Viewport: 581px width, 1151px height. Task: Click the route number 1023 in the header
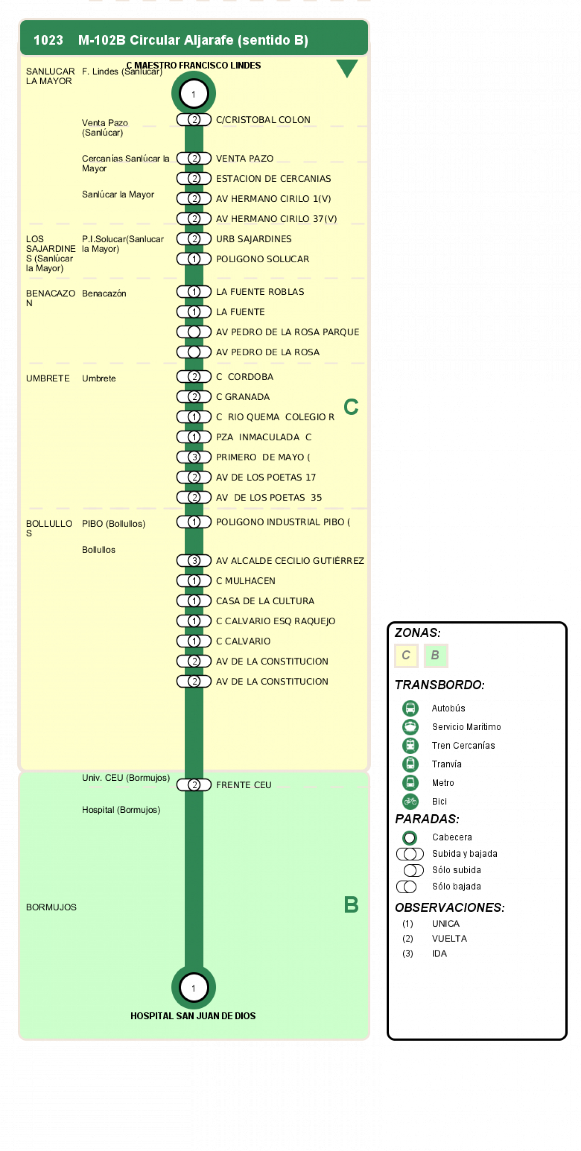[x=48, y=40]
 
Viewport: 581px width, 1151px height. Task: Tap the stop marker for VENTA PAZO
[x=194, y=158]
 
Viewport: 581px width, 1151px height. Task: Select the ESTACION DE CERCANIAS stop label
[x=273, y=178]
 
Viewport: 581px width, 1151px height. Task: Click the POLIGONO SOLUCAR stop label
[x=262, y=259]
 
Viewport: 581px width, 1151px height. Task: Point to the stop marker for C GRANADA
[x=194, y=396]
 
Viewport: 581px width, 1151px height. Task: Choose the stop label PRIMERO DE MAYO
[x=263, y=457]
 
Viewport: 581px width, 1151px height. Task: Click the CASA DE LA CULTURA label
[x=265, y=601]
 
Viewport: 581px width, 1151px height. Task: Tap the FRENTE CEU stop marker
[x=194, y=784]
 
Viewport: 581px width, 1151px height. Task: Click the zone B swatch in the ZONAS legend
[x=436, y=655]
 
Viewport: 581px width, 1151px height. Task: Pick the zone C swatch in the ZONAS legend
[x=406, y=655]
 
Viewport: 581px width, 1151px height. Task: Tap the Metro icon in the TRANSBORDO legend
[x=410, y=782]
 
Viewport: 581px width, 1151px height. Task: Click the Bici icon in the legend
[x=410, y=801]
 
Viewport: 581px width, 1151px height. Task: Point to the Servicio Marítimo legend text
[x=466, y=726]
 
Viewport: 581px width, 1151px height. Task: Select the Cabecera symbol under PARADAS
[x=409, y=837]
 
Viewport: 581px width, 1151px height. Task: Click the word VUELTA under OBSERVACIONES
[x=449, y=938]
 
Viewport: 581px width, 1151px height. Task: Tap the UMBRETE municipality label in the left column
[x=48, y=378]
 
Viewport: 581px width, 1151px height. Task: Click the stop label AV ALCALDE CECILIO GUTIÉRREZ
[x=290, y=560]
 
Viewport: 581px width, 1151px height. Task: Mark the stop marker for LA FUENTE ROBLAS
[x=194, y=291]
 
